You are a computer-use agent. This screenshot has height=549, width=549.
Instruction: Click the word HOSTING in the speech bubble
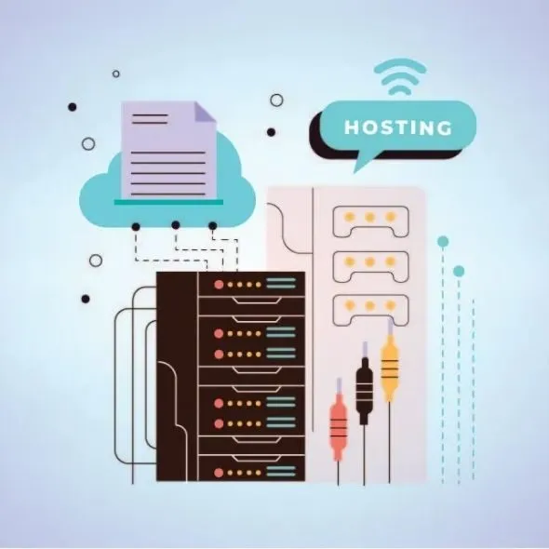[x=398, y=127]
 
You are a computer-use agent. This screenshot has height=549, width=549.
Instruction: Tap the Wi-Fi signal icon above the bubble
[x=400, y=76]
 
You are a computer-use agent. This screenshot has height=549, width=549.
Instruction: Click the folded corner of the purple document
[x=204, y=112]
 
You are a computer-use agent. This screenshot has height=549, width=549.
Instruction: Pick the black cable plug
[x=365, y=383]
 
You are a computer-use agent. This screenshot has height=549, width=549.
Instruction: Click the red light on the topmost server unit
[x=219, y=285]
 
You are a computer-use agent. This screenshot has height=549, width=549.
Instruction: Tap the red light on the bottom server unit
[x=219, y=473]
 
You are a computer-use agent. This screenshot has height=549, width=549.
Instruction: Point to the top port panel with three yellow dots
[x=370, y=221]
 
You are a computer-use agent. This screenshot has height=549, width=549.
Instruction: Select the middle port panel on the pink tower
[x=370, y=266]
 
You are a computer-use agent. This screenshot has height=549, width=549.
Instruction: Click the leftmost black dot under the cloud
[x=136, y=227]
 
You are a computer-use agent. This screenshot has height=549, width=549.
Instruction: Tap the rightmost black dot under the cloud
[x=212, y=226]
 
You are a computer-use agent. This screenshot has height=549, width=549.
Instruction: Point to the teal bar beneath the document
[x=168, y=202]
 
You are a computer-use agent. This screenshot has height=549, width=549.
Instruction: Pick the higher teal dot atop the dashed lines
[x=443, y=241]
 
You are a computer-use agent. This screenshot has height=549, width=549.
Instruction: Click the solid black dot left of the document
[x=73, y=107]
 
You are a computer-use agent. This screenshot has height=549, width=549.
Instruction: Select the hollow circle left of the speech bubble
[x=276, y=100]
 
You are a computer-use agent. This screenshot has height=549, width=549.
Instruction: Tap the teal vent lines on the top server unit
[x=281, y=283]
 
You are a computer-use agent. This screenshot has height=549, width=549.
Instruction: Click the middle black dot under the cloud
[x=176, y=225]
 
